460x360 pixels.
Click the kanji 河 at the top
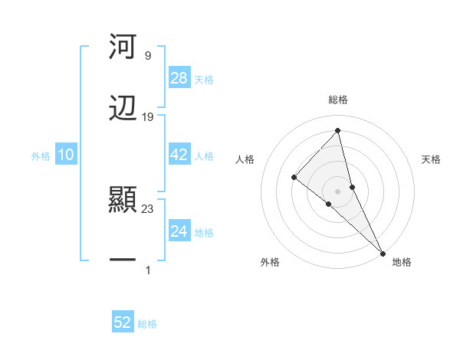click(123, 47)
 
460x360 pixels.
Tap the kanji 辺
click(123, 107)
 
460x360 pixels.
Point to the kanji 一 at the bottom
click(123, 260)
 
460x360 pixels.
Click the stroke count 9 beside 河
click(147, 55)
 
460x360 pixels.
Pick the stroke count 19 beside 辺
click(148, 116)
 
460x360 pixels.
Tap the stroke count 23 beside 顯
click(148, 208)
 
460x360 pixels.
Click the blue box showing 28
click(179, 78)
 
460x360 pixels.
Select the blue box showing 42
click(179, 155)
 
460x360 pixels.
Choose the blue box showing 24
click(179, 231)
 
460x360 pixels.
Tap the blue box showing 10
click(66, 155)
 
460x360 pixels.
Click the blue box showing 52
click(123, 322)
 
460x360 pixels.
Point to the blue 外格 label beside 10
click(41, 155)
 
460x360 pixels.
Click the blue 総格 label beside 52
click(147, 324)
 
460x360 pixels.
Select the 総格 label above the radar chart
click(338, 100)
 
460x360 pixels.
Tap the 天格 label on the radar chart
click(432, 159)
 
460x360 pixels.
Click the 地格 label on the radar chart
click(402, 263)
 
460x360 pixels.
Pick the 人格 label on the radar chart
click(245, 159)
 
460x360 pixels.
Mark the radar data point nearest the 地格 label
click(383, 252)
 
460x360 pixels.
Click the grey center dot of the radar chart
click(338, 191)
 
